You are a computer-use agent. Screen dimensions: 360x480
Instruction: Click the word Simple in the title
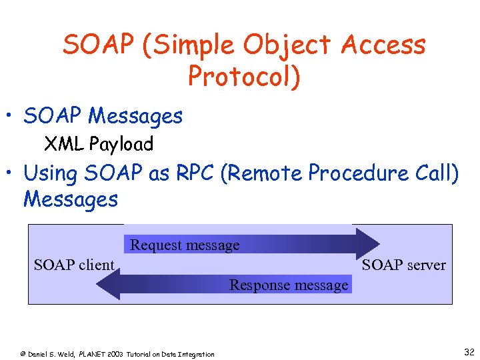(x=194, y=45)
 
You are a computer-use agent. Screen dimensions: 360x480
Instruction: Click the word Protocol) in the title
(x=244, y=77)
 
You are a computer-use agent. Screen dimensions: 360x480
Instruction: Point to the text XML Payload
(x=99, y=144)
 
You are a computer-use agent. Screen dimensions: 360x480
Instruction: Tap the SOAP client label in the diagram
(x=74, y=265)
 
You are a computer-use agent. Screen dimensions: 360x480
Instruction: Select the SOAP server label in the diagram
(x=403, y=265)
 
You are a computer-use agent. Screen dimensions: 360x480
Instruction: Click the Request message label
(x=185, y=245)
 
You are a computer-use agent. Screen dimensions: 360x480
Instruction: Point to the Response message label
(x=289, y=285)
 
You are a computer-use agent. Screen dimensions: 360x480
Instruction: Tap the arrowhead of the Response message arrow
(x=107, y=284)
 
